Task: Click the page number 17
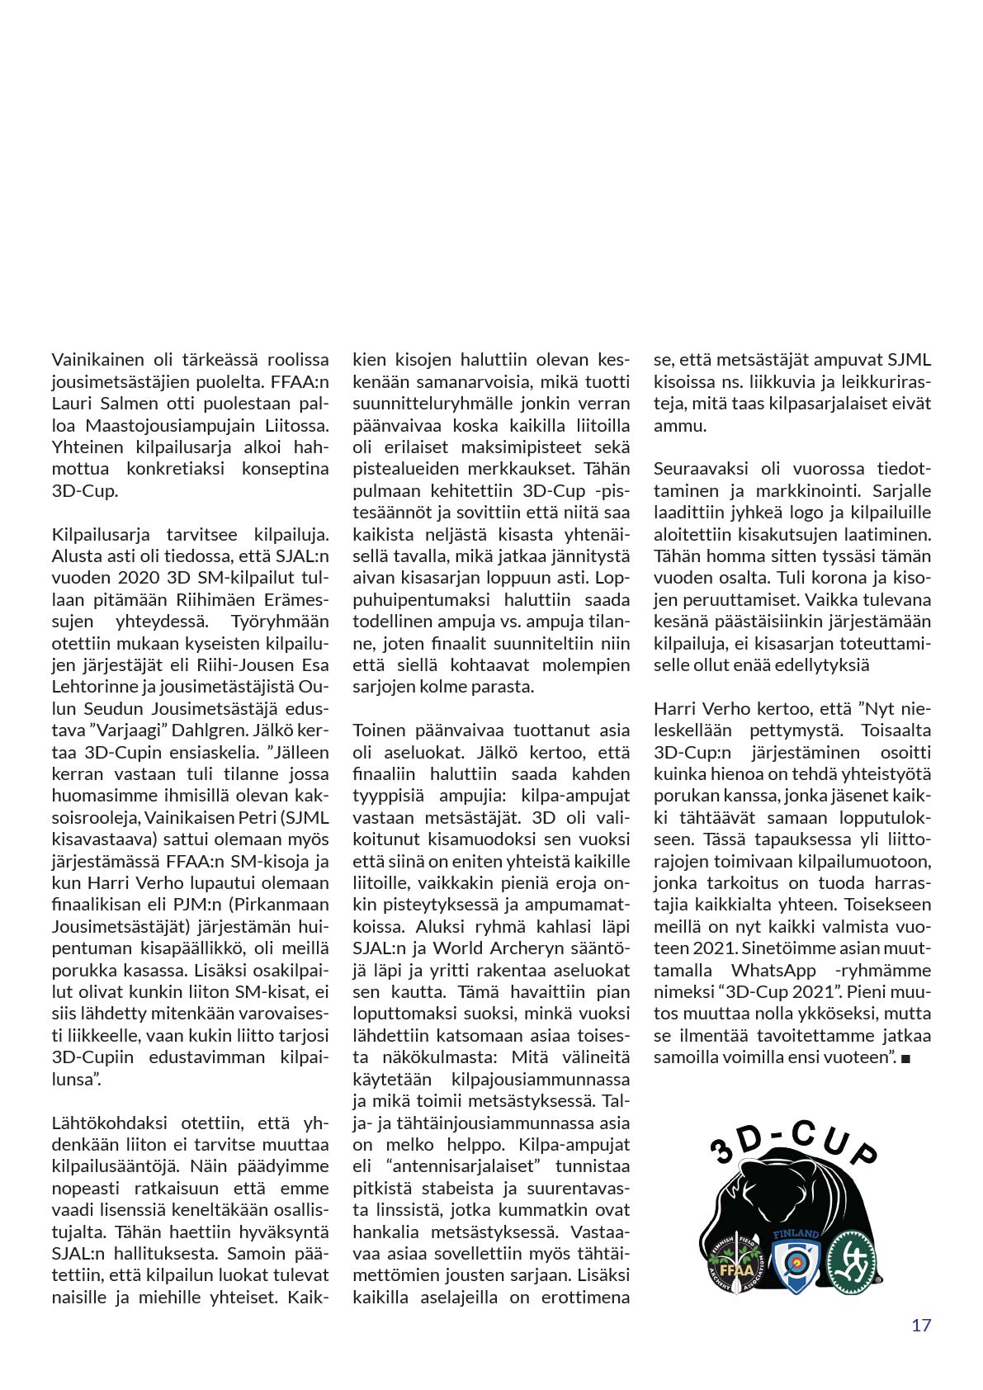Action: (921, 1325)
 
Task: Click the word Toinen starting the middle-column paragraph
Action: (379, 730)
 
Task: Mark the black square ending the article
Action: (905, 1058)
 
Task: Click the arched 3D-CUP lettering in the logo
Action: (793, 1144)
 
